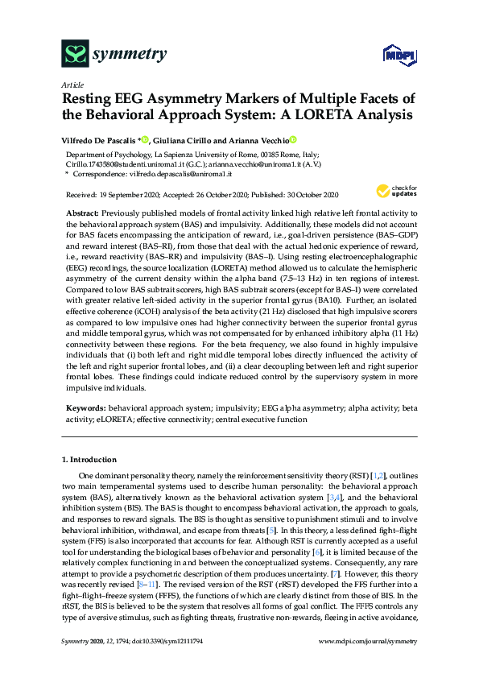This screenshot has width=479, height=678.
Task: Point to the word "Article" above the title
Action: [72, 85]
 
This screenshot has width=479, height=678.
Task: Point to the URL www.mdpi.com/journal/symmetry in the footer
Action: [368, 663]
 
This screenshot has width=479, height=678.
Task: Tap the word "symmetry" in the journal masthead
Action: [130, 55]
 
